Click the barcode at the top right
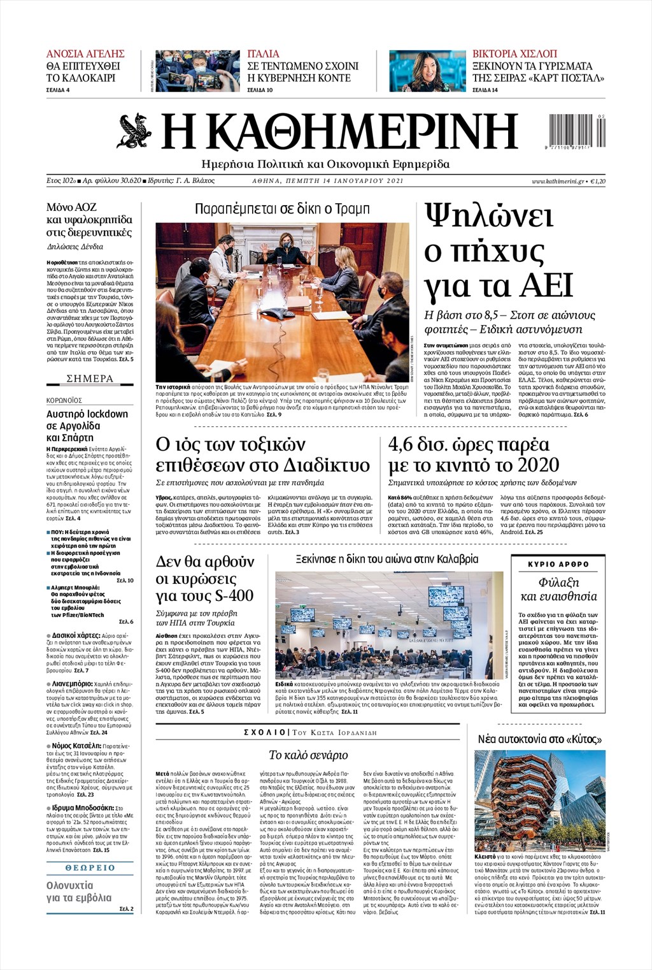(578, 131)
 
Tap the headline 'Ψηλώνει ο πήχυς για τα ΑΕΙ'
(500, 250)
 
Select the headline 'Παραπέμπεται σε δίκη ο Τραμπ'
(282, 209)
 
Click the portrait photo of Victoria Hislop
(427, 71)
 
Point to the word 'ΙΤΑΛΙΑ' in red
(263, 54)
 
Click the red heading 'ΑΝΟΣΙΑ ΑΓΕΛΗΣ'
(85, 54)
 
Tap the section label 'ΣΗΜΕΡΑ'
(90, 379)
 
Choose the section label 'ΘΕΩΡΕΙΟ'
(90, 867)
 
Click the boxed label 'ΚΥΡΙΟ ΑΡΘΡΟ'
(558, 564)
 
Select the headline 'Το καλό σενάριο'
(308, 755)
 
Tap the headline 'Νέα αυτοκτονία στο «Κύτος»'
(540, 739)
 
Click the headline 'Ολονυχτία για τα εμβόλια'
(79, 892)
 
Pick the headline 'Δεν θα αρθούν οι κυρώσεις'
(205, 579)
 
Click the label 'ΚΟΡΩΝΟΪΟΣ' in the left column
(64, 400)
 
